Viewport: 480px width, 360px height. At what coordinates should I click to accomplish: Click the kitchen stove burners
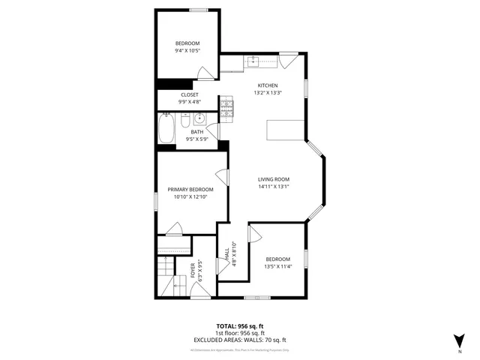click(227, 112)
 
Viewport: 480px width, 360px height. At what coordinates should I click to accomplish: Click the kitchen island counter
click(286, 131)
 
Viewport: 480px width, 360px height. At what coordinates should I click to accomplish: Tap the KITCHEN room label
click(268, 85)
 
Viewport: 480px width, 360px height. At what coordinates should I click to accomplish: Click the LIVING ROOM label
click(274, 179)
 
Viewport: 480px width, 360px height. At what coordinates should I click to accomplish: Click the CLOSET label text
click(188, 94)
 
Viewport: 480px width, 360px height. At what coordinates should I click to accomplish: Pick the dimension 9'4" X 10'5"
click(188, 52)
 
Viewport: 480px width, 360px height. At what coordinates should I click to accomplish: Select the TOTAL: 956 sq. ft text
click(240, 327)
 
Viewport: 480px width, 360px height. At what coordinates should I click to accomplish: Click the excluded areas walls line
click(240, 340)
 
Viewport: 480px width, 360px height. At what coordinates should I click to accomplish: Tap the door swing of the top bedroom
click(204, 72)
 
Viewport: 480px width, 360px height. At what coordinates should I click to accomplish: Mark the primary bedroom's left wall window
click(156, 202)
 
